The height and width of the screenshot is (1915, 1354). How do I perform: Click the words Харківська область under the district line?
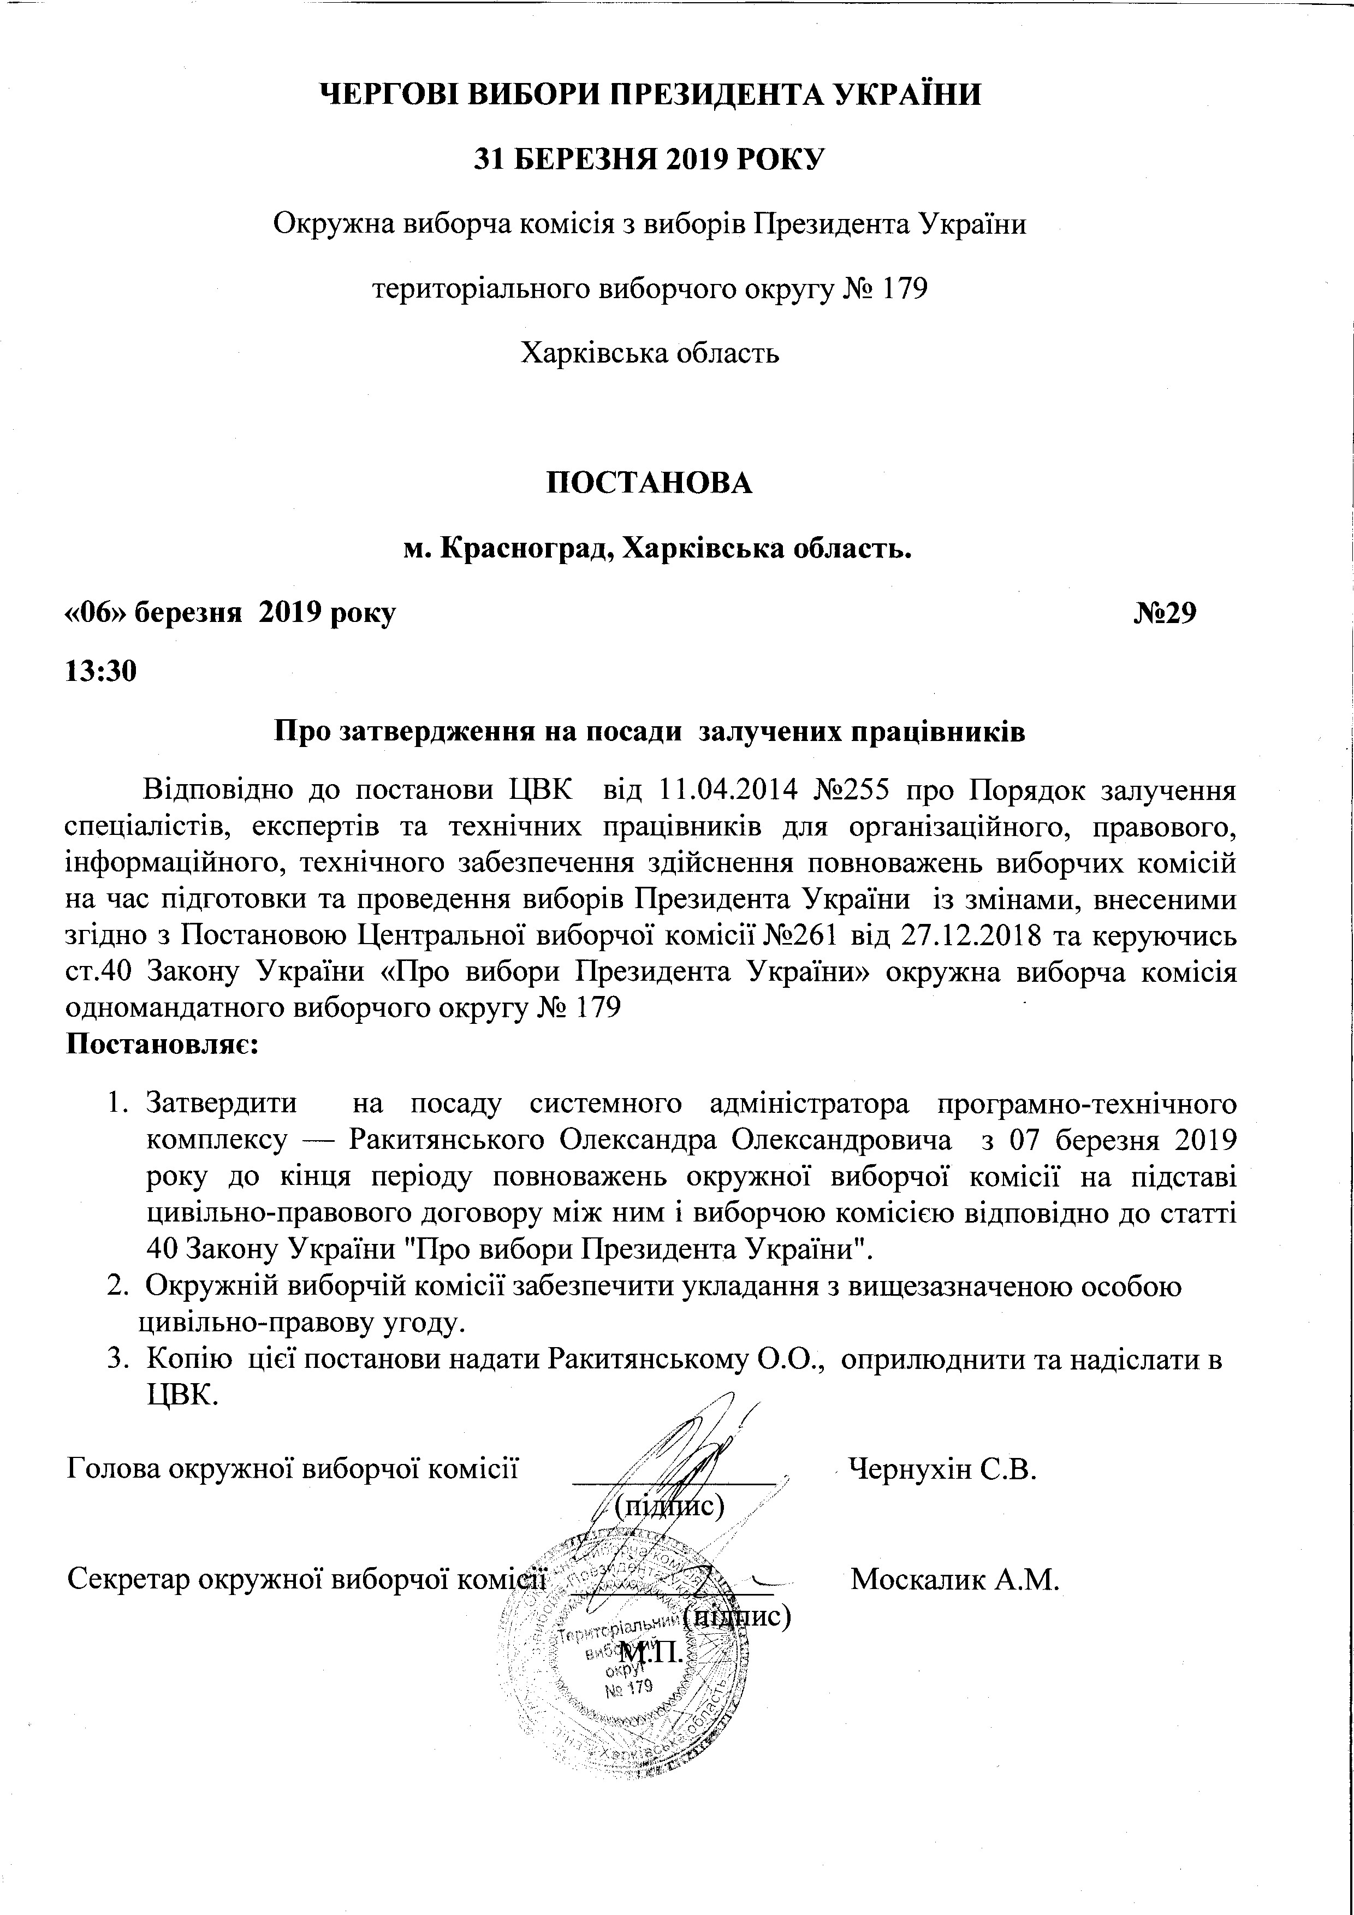650,354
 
